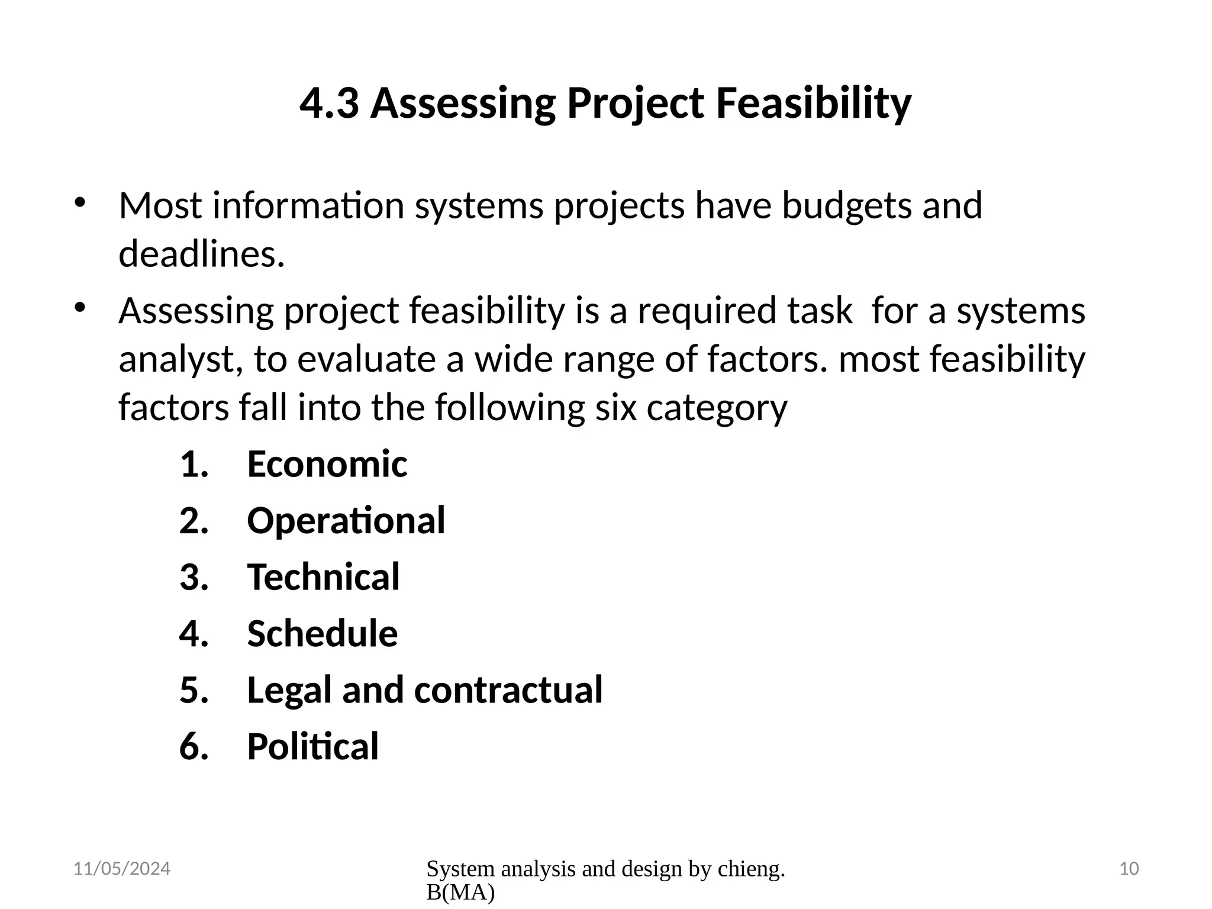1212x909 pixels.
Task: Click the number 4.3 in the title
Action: click(329, 104)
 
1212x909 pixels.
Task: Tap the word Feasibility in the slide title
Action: click(814, 104)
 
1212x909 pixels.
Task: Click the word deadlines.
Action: click(202, 254)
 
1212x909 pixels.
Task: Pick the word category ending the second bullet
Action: click(717, 408)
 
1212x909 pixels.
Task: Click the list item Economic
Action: click(327, 464)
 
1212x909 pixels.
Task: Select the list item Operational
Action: click(346, 521)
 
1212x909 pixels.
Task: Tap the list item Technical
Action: click(323, 577)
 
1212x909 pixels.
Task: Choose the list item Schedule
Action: click(322, 634)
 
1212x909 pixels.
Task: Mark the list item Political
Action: click(312, 747)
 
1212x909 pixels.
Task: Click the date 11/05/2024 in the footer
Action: click(121, 869)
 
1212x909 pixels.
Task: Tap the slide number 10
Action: click(1129, 869)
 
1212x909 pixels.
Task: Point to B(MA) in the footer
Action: click(460, 893)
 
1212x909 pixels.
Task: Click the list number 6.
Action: click(194, 747)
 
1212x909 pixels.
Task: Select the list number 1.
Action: click(194, 464)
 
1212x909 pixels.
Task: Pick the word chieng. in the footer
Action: click(751, 869)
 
